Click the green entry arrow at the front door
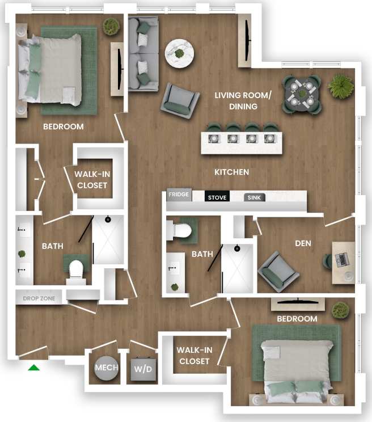[x=34, y=368]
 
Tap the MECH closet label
[x=106, y=368]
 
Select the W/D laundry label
[x=142, y=369]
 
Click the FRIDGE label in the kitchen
[x=179, y=195]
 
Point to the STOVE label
[x=217, y=198]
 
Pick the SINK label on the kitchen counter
[x=253, y=198]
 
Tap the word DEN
[x=303, y=243]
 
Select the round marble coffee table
[x=179, y=54]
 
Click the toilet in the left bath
[x=75, y=269]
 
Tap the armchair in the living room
[x=180, y=101]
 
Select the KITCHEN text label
[x=231, y=172]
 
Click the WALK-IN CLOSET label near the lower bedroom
[x=194, y=356]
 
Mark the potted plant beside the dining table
[x=341, y=86]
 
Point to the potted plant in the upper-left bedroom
[x=111, y=26]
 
